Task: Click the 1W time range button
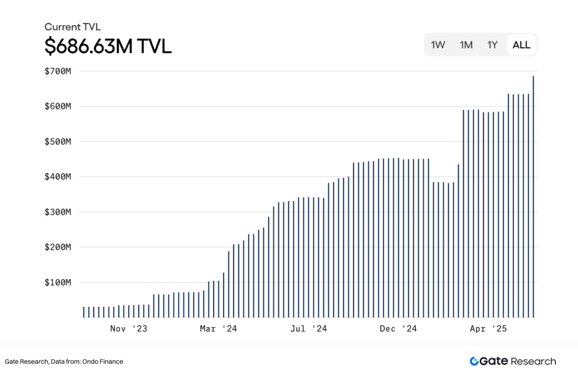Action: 438,45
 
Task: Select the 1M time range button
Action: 466,45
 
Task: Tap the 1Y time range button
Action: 492,45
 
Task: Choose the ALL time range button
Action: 521,45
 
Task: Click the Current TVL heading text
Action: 72,27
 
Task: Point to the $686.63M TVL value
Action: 108,46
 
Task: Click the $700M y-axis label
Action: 58,71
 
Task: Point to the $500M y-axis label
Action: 58,142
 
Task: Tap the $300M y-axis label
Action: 58,212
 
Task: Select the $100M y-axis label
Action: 58,282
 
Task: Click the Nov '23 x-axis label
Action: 129,329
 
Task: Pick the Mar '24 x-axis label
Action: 218,329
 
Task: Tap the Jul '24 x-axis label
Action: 308,329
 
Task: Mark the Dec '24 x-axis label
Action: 398,329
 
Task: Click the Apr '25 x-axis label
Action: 488,329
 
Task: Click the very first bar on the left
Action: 84,312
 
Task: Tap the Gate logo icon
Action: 474,361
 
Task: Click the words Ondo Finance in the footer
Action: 102,362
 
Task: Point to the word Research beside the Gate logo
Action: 533,362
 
